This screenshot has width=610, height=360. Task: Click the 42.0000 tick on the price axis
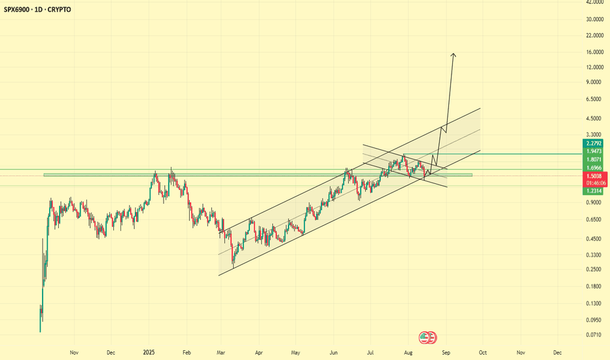pyautogui.click(x=594, y=3)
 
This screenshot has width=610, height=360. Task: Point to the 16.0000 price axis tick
pyautogui.click(x=594, y=52)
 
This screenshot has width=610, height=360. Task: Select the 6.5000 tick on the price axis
pyautogui.click(x=594, y=99)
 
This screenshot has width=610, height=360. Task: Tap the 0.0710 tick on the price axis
pyautogui.click(x=594, y=334)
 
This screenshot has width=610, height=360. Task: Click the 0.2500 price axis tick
pyautogui.click(x=594, y=269)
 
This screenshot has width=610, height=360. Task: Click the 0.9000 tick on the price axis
pyautogui.click(x=594, y=202)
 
